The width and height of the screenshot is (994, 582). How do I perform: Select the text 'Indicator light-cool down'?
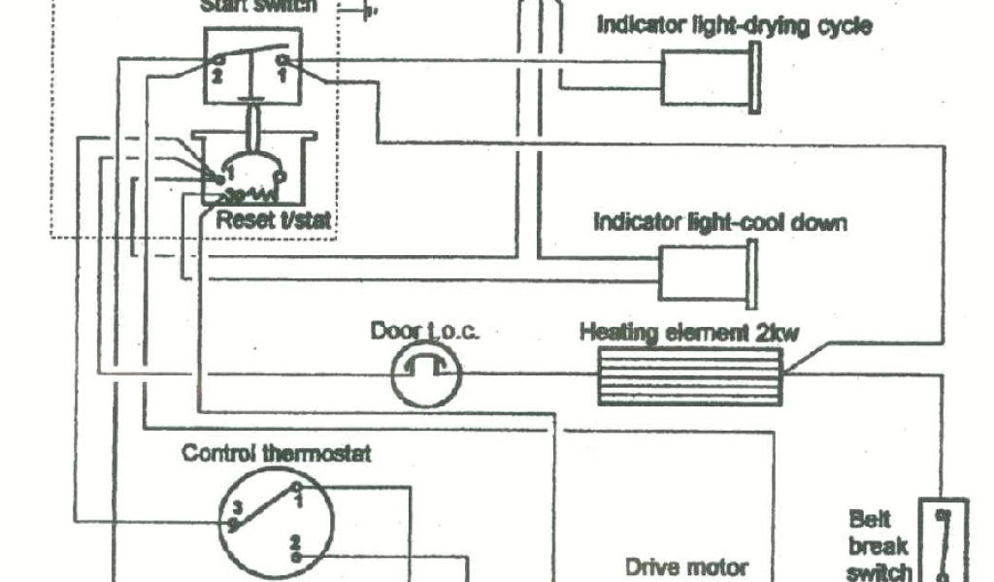click(x=719, y=222)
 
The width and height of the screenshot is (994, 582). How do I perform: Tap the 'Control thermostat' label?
click(x=277, y=452)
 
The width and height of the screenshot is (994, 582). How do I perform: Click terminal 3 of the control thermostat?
click(x=233, y=522)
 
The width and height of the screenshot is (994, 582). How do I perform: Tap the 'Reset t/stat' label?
click(x=273, y=220)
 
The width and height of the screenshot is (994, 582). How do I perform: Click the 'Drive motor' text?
click(x=685, y=566)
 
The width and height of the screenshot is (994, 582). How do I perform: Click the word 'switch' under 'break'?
click(x=879, y=571)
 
